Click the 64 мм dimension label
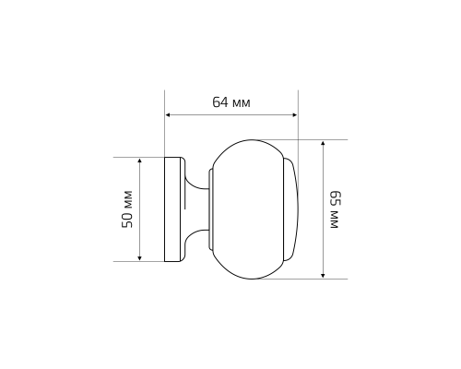(231, 102)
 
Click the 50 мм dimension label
(127, 209)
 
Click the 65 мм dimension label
(334, 209)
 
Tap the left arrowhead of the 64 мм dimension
(168, 115)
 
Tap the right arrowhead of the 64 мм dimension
(295, 115)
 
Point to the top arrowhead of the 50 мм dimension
(140, 161)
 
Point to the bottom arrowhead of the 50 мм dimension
(140, 258)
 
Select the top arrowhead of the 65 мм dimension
(323, 143)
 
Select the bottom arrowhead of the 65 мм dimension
(323, 275)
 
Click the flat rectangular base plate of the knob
(172, 209)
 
